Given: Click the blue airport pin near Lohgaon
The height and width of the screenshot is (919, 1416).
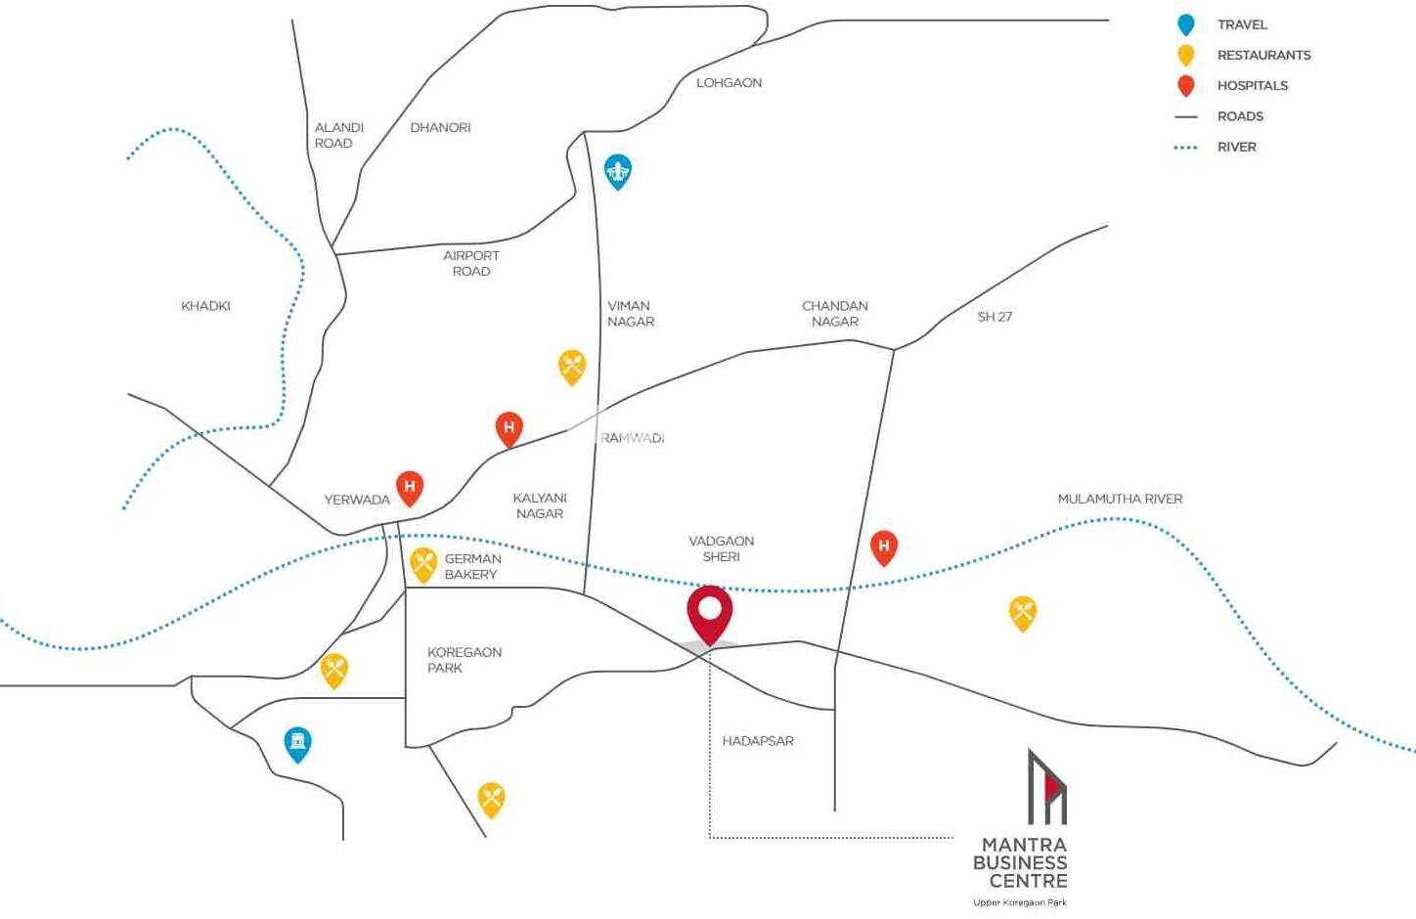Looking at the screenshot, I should click(617, 171).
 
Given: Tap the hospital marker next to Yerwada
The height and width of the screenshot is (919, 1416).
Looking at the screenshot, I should click(410, 487).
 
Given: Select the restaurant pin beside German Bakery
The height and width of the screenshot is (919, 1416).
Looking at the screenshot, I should click(422, 564).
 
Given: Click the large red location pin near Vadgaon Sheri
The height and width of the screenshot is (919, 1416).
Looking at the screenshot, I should click(709, 613).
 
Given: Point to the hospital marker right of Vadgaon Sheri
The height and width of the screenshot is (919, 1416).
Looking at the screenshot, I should click(883, 547).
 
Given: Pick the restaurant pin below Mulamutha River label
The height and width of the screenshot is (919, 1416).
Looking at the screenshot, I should click(1022, 612).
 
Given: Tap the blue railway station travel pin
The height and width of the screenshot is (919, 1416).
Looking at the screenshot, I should click(297, 743).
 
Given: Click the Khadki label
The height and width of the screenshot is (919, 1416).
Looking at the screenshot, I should click(205, 306).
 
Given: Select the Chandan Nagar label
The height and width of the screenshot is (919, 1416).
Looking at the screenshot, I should click(834, 313).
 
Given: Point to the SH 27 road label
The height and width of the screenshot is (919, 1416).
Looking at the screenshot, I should click(995, 317).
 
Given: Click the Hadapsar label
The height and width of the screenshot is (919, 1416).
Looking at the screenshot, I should click(758, 741).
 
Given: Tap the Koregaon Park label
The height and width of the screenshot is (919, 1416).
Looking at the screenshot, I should click(464, 660).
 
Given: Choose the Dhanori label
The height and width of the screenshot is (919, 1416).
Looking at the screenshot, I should click(440, 127).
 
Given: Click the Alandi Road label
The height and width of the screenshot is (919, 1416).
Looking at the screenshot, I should click(338, 135).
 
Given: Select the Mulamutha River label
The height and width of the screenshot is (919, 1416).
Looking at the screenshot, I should click(1120, 499).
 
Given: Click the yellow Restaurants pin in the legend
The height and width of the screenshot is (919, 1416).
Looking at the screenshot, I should click(1186, 55).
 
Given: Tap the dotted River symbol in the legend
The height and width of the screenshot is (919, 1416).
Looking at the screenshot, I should click(1186, 148).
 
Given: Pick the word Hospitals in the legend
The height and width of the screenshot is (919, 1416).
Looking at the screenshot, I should click(1252, 85).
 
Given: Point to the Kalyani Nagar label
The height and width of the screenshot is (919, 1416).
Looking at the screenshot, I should click(540, 505).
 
